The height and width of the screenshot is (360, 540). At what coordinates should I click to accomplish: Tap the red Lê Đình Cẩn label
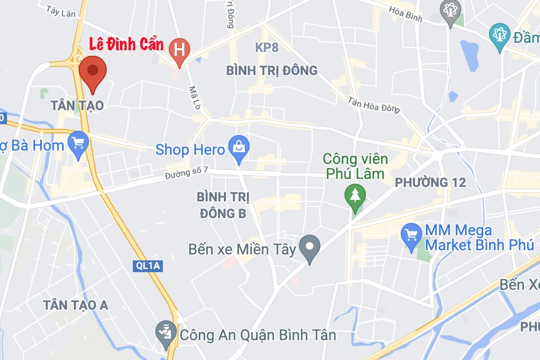(125, 45)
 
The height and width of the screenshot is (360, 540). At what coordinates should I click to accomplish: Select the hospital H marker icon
(179, 50)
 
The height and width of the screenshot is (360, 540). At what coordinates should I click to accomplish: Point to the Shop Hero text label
(190, 149)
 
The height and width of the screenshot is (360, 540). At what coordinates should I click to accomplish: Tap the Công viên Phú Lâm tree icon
(354, 194)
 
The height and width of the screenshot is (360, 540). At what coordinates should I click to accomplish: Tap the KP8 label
(267, 48)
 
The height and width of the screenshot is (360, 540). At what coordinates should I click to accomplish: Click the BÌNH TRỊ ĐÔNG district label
(272, 71)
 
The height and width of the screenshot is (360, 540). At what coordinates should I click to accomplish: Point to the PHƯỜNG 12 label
(430, 183)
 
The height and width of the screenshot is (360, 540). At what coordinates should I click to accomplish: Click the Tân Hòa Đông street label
(373, 104)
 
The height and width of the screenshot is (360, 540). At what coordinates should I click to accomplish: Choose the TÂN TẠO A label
(76, 305)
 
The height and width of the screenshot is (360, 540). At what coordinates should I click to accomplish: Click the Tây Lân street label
(61, 11)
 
